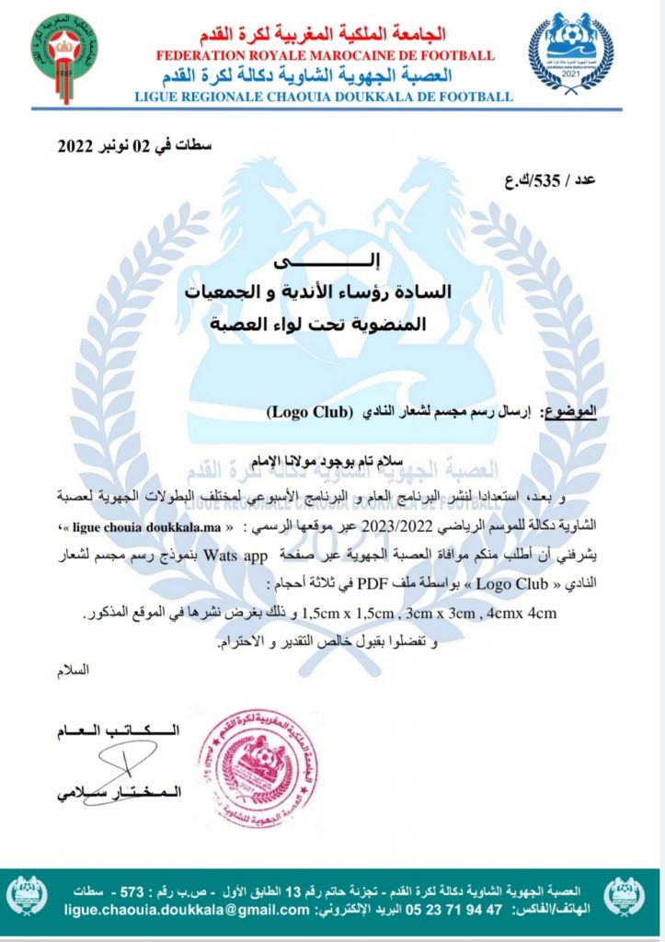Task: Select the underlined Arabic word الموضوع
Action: point(571,412)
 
